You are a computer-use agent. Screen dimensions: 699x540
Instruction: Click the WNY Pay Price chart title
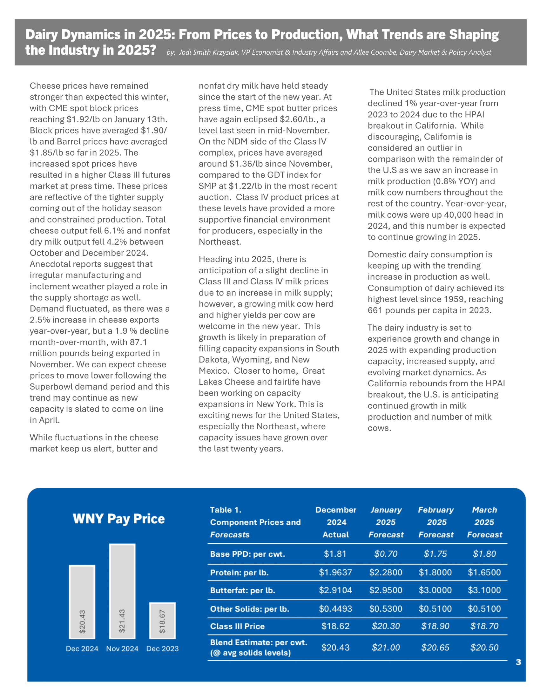click(119, 519)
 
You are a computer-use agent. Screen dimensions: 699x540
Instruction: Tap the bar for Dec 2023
click(163, 621)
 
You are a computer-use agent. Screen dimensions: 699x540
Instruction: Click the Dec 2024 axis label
click(82, 649)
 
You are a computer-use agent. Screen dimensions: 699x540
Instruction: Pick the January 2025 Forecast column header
click(386, 522)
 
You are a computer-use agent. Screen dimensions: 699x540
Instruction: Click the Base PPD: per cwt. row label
click(247, 554)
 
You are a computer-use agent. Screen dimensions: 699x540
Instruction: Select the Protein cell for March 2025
click(484, 572)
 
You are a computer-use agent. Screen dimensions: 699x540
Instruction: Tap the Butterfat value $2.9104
click(335, 590)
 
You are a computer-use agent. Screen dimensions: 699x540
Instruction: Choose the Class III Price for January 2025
click(386, 626)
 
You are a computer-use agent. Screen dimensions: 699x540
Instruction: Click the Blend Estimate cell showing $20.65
click(435, 648)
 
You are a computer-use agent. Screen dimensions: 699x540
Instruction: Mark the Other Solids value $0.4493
click(335, 608)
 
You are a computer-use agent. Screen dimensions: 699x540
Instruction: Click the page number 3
click(518, 662)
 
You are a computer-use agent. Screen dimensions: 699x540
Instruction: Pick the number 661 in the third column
click(375, 310)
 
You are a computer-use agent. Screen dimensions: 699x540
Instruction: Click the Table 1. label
click(226, 510)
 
